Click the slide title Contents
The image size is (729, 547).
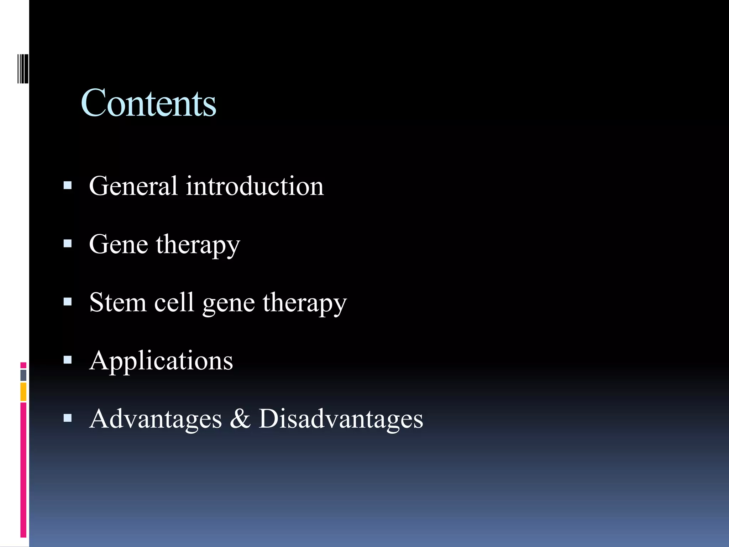tap(148, 103)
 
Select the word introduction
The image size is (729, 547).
tap(255, 186)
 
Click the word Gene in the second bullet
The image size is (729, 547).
tap(119, 244)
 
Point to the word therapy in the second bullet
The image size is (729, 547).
tap(198, 246)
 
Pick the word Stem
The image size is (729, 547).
tap(118, 302)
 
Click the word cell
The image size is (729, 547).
tap(174, 302)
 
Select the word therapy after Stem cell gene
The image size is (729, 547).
tap(305, 304)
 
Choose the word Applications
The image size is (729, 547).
tap(161, 361)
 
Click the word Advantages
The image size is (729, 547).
tap(156, 419)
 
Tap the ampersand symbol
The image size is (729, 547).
tap(240, 419)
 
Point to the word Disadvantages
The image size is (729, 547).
tap(341, 419)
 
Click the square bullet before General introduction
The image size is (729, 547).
tap(67, 185)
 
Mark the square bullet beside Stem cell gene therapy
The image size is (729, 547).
tap(67, 302)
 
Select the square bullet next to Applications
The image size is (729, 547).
tap(67, 360)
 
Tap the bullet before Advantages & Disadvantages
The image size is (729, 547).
tap(67, 418)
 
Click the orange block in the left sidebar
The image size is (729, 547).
tap(23, 391)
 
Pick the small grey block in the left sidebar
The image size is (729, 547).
tap(23, 375)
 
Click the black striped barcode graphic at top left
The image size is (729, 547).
tap(23, 68)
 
